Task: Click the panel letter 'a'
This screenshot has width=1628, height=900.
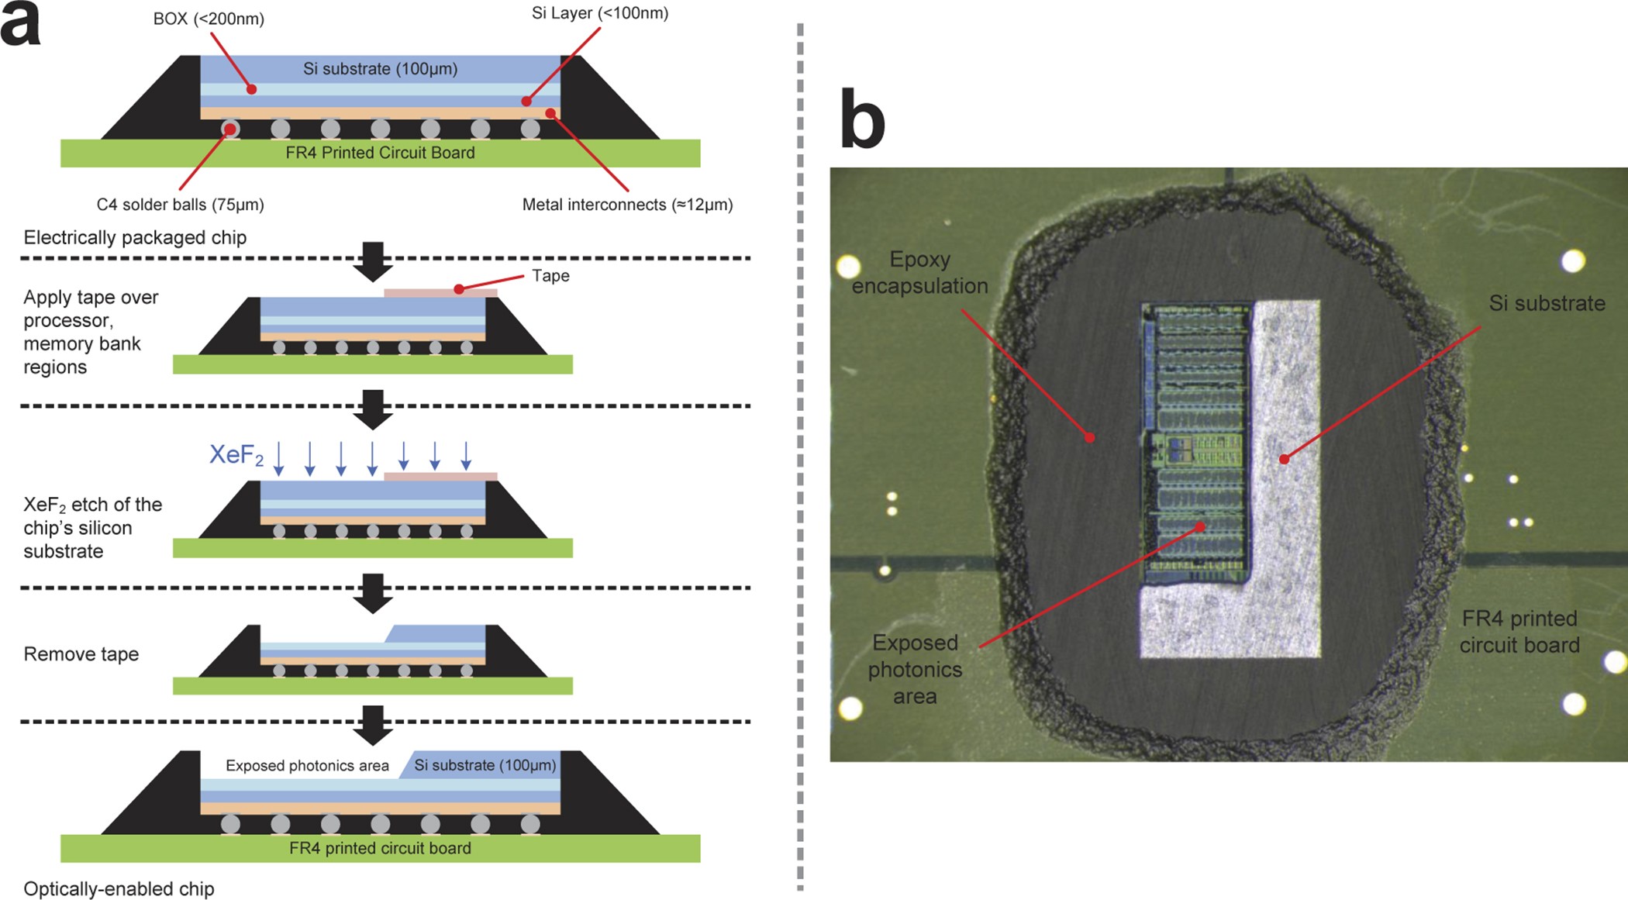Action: pos(21,25)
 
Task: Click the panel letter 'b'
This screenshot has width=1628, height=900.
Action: pos(862,120)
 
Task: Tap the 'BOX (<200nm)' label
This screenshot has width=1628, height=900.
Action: pos(209,19)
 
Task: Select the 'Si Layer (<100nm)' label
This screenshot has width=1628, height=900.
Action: pos(599,13)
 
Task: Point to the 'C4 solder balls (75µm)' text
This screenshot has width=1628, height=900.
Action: pos(180,205)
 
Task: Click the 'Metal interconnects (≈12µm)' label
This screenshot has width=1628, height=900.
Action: pos(626,205)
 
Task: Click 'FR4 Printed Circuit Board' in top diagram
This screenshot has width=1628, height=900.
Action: pos(380,153)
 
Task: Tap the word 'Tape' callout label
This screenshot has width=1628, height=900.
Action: pos(550,276)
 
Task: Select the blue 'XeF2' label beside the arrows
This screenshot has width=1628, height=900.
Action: pos(236,454)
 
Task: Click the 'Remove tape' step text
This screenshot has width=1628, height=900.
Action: pos(81,653)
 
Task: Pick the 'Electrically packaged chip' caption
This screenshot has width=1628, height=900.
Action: pos(135,237)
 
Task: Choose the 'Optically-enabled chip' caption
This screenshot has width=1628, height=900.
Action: pos(119,888)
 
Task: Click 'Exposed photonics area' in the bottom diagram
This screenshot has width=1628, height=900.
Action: pos(307,765)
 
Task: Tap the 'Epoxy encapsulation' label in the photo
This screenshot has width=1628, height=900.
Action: pos(919,272)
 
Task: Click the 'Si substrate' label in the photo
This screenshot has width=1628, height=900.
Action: pos(1547,303)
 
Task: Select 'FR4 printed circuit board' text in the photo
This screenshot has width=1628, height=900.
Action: pos(1519,631)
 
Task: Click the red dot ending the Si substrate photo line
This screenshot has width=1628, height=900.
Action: pos(1284,460)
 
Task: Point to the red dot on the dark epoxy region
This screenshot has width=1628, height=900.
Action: pos(1090,437)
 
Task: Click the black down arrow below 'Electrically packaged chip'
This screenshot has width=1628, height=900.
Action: pos(373,261)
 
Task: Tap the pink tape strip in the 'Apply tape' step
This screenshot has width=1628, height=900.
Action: pos(440,293)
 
